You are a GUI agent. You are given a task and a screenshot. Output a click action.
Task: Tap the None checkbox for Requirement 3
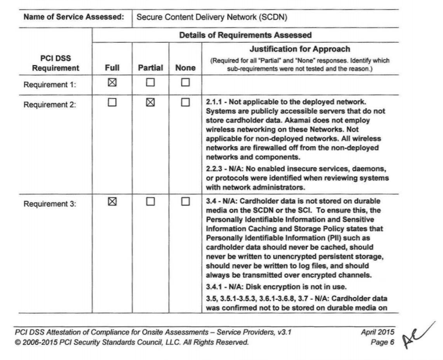click(186, 217)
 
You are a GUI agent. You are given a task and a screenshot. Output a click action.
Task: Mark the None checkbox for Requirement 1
click(186, 83)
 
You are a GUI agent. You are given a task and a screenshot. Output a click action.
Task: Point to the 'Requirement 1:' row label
click(50, 84)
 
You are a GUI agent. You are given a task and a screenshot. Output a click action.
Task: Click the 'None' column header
click(186, 68)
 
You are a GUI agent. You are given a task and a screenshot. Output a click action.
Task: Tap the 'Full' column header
click(113, 68)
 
